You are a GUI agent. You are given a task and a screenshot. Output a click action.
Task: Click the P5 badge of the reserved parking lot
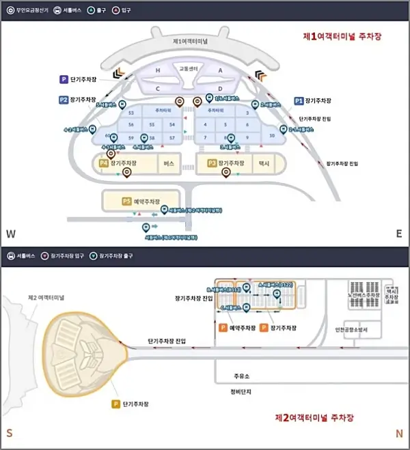[x=126, y=201]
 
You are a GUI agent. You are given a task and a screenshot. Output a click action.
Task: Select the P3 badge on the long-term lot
[x=212, y=164]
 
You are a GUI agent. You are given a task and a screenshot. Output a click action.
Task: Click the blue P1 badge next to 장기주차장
[x=299, y=100]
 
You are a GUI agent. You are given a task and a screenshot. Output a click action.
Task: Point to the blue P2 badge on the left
[x=63, y=100]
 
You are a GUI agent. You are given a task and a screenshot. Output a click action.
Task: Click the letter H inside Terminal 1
[x=157, y=70]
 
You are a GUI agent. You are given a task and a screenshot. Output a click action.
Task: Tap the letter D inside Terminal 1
[x=220, y=89]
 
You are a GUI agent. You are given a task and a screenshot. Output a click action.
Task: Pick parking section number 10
[x=272, y=136]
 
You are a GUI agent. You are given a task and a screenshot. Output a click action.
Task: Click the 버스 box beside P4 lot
[x=168, y=164]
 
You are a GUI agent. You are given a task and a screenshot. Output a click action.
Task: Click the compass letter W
[x=10, y=234]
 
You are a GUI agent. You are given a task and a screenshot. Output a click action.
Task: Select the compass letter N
[x=399, y=435]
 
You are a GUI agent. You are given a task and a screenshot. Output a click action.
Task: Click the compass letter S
[x=10, y=435]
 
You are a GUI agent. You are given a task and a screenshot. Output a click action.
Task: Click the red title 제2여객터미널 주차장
[x=314, y=417]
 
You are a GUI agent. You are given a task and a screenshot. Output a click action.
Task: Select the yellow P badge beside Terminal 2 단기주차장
[x=117, y=404]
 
